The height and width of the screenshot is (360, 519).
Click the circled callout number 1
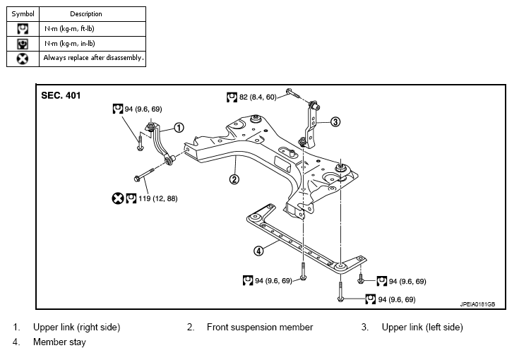179,128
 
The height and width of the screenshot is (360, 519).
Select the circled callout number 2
234,179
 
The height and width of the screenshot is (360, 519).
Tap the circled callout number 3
335,121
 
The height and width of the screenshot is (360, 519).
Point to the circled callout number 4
258,251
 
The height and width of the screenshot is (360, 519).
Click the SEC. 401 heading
61,95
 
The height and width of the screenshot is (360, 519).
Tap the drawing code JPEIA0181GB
477,304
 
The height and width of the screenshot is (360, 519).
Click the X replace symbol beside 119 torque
117,198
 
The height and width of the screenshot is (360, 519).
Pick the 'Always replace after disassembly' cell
93,59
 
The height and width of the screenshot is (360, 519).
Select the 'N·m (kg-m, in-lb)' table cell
93,44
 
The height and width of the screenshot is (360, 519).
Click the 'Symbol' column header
23,14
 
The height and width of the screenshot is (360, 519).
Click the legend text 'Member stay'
59,342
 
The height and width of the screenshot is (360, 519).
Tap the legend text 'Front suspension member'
260,328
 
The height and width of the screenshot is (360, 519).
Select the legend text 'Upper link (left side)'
422,328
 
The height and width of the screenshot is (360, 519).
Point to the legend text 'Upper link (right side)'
76,328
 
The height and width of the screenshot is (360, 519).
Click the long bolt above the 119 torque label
144,175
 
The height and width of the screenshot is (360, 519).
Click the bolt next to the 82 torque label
293,93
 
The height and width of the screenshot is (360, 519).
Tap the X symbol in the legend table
23,59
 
